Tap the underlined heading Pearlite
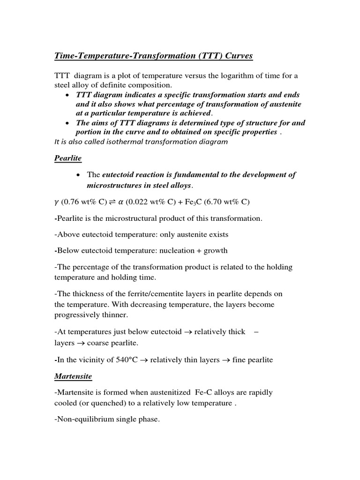click(68, 158)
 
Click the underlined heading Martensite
click(73, 376)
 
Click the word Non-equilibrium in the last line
click(83, 420)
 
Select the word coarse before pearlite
click(99, 343)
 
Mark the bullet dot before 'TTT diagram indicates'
click(69, 95)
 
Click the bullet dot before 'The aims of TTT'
click(69, 123)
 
